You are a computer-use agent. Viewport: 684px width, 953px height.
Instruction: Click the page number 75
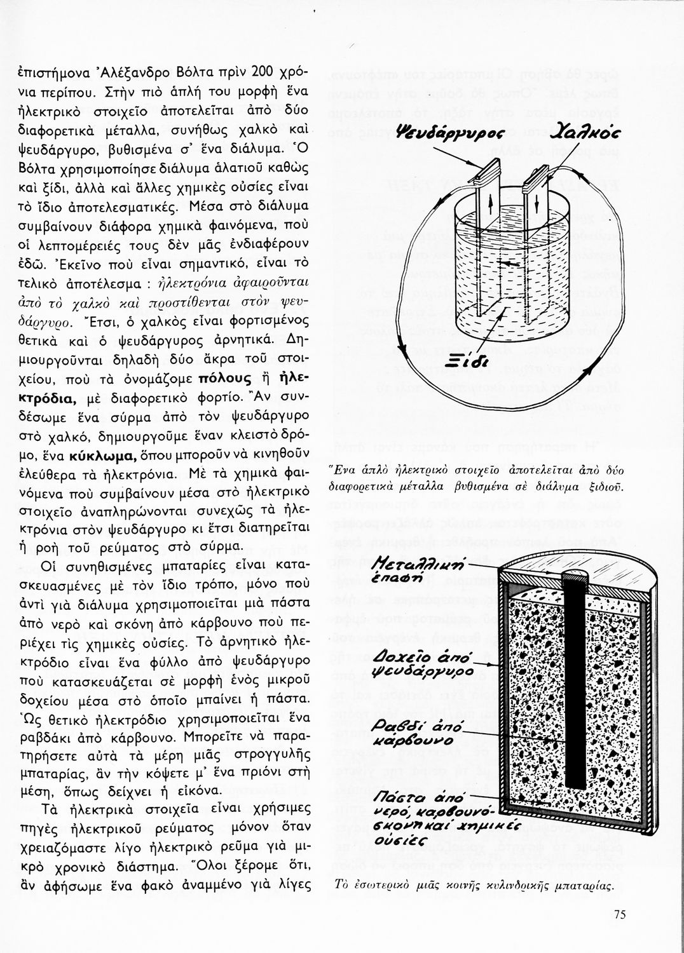click(x=620, y=914)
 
